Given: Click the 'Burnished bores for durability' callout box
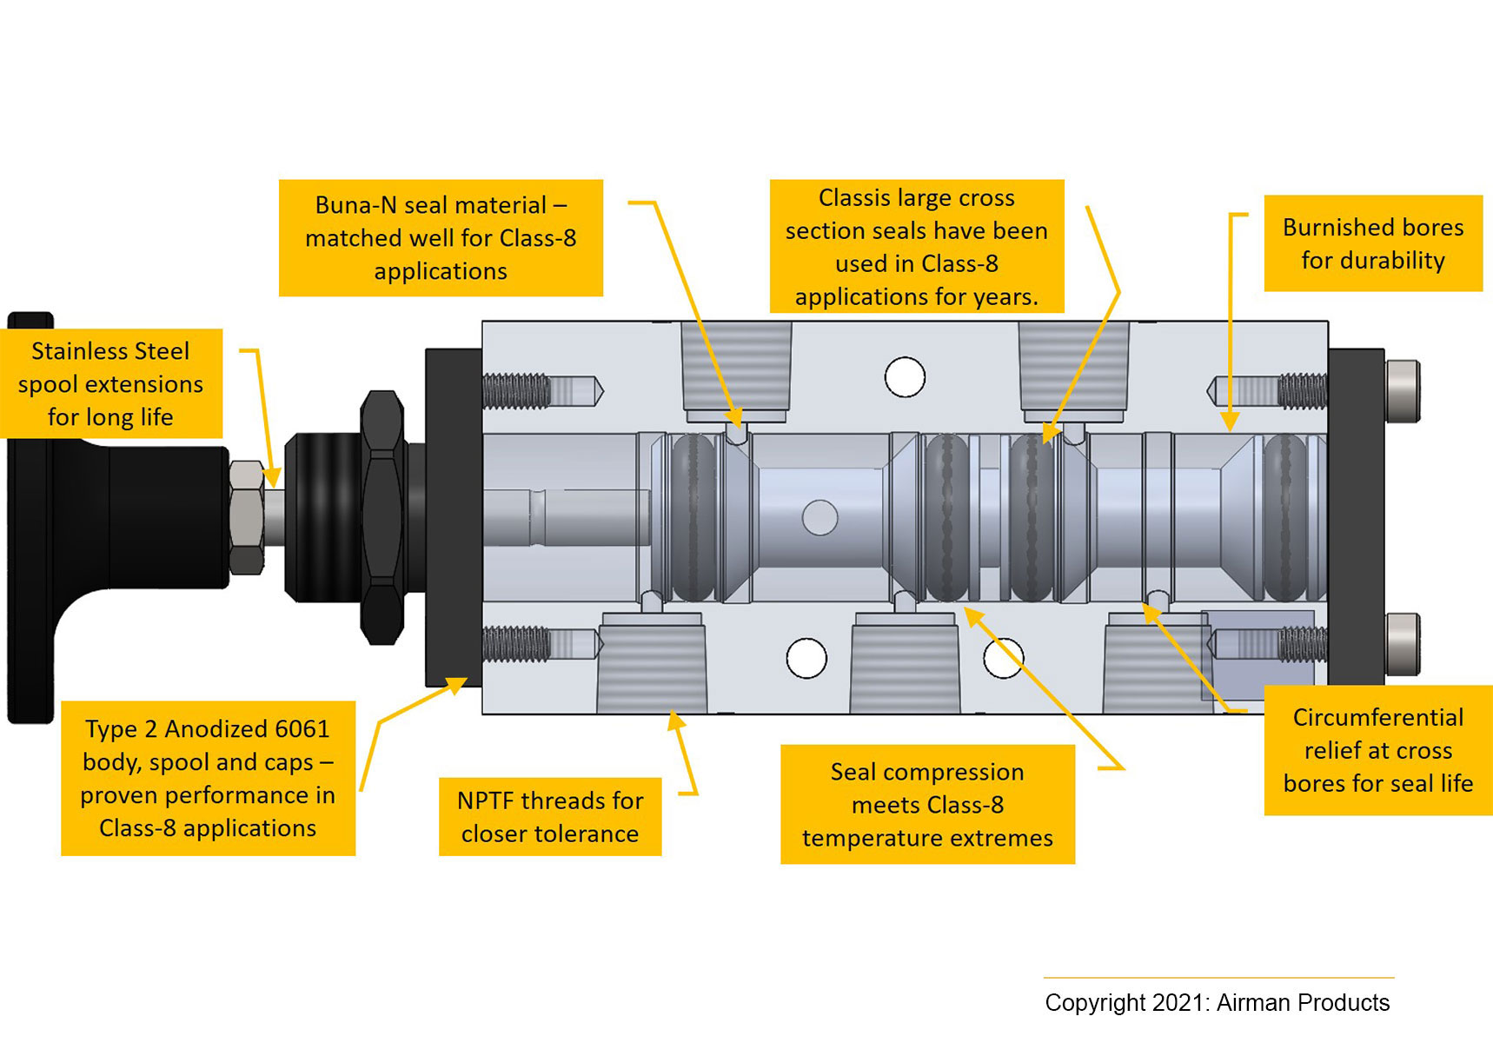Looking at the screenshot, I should (1372, 243).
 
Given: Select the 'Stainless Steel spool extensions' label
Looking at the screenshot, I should (110, 383).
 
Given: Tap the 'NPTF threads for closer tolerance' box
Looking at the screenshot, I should (549, 816).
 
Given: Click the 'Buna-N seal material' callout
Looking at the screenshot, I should (441, 238).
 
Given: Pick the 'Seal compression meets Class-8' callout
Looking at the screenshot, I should (927, 804).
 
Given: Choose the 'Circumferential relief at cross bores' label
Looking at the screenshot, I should (1377, 750).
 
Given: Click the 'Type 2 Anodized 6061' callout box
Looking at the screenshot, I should (208, 778).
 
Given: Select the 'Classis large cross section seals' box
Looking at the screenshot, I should (916, 247).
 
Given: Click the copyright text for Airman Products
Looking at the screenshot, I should (1217, 1002).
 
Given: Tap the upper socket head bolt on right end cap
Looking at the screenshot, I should (1402, 390).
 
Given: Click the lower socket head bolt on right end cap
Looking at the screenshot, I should (1402, 643).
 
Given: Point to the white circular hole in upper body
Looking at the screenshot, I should (905, 377).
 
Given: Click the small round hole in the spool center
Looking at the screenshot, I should (819, 517).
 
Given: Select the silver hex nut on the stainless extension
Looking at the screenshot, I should (247, 517).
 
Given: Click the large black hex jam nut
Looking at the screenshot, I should (382, 517).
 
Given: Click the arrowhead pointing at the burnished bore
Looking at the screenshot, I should (1230, 422).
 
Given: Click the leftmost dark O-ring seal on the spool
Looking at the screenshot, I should (693, 518).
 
